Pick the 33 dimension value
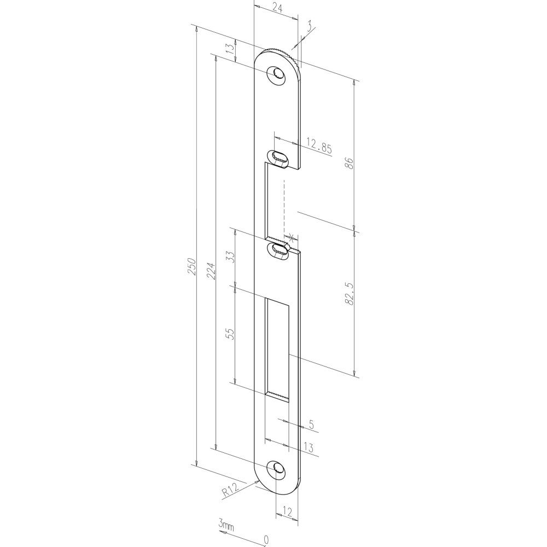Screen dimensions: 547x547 coord(230,257)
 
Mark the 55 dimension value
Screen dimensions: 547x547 coord(230,333)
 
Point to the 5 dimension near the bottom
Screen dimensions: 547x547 coord(311,424)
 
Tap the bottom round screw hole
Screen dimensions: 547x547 coord(277,468)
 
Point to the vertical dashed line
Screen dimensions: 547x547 coord(284,205)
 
